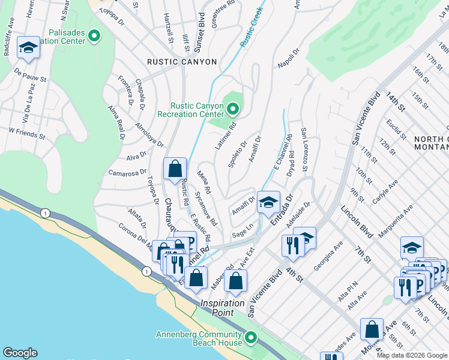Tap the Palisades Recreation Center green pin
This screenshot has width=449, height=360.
[x=94, y=36]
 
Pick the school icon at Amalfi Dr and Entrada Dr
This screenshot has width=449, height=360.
[x=268, y=202]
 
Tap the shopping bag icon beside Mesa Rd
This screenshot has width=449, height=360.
[x=175, y=169]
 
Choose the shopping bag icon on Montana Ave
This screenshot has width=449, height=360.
[x=372, y=329]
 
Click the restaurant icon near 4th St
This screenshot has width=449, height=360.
[x=293, y=245]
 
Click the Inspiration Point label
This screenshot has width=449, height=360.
[x=223, y=304]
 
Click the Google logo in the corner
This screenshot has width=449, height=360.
[x=20, y=353]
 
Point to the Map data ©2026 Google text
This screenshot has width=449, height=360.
[x=411, y=355]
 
